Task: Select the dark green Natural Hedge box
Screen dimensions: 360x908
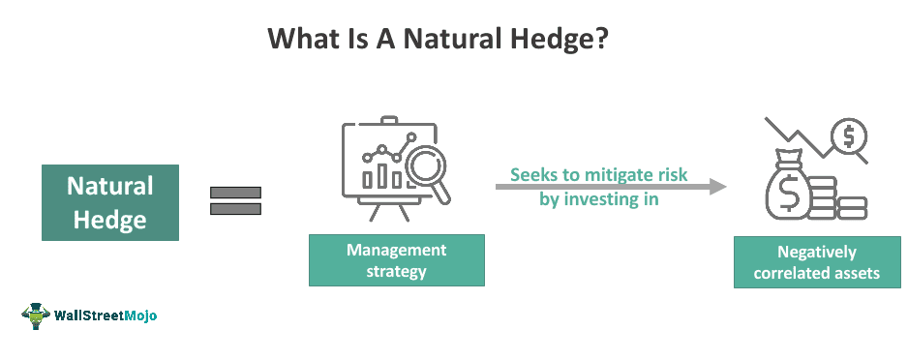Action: coord(109,202)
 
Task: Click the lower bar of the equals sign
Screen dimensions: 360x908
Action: coord(235,208)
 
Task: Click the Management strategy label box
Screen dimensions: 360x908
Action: coord(396,260)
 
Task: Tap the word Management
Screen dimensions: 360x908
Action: coord(397,250)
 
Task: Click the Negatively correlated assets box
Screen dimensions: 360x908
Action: coord(812,262)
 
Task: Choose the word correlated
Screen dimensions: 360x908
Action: coord(793,273)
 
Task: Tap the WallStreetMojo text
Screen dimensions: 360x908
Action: coord(106,316)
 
